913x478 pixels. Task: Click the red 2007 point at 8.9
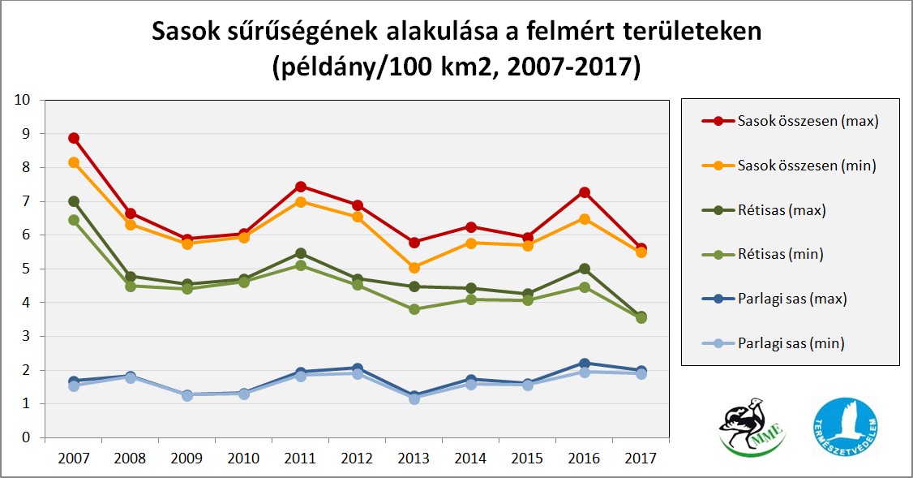tap(74, 138)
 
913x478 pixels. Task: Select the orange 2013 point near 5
tap(414, 267)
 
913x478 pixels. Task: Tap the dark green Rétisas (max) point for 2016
tap(585, 269)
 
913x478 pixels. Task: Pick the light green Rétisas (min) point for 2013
tap(414, 309)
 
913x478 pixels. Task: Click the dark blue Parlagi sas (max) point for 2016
tap(585, 363)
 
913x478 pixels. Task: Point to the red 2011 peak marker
tap(301, 186)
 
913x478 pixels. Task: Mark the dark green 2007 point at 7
tap(74, 201)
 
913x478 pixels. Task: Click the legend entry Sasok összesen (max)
tap(808, 122)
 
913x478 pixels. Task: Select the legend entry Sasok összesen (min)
tap(808, 166)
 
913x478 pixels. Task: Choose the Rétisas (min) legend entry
tap(780, 254)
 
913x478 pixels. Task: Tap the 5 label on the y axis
tap(27, 269)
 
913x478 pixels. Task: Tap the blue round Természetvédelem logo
tap(846, 427)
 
